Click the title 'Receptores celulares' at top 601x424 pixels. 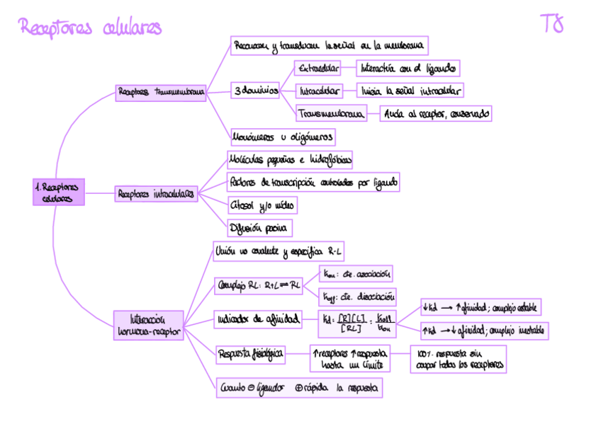point(91,28)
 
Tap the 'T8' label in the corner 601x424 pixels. point(552,23)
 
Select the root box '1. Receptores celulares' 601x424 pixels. point(58,192)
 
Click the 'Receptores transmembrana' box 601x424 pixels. point(161,92)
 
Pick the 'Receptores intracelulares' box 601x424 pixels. point(156,193)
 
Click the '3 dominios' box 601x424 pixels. point(255,91)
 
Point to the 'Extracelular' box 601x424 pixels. point(317,69)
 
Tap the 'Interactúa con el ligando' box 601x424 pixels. point(408,68)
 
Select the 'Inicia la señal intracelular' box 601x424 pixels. point(410,91)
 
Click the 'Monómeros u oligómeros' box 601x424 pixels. point(283,137)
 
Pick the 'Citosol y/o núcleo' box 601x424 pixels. point(262,205)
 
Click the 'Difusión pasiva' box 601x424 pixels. point(259,228)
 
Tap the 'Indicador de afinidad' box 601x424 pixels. point(257,319)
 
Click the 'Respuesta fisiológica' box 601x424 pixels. point(251,353)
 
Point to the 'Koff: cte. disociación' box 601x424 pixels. point(358,297)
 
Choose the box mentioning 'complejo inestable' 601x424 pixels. point(484,330)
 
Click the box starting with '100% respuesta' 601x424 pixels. point(458,359)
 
